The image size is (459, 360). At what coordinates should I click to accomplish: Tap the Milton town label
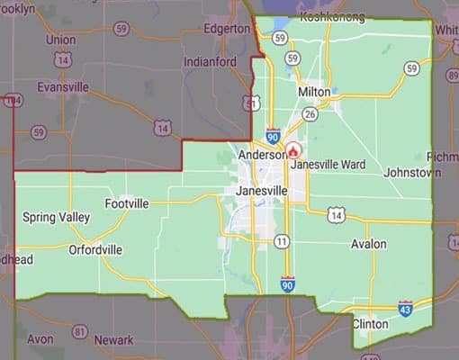pos(312,92)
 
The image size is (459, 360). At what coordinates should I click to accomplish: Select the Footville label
pos(127,204)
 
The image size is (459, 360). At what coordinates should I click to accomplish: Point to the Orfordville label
pos(95,249)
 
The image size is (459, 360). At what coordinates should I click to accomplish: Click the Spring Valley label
pos(56,217)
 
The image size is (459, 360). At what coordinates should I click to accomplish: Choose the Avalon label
pos(368,244)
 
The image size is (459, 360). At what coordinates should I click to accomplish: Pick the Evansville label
pos(66,87)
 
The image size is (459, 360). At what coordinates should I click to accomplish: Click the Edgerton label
pos(226,29)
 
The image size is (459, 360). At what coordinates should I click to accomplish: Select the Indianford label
pos(210,62)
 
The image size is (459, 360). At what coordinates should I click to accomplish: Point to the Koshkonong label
pos(332,16)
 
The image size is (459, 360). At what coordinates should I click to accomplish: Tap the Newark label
pos(113,341)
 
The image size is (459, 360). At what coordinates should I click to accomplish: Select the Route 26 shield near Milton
pos(310,113)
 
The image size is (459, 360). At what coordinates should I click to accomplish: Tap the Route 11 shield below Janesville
pos(282,241)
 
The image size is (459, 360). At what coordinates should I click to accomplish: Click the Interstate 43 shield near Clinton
pos(406,308)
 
